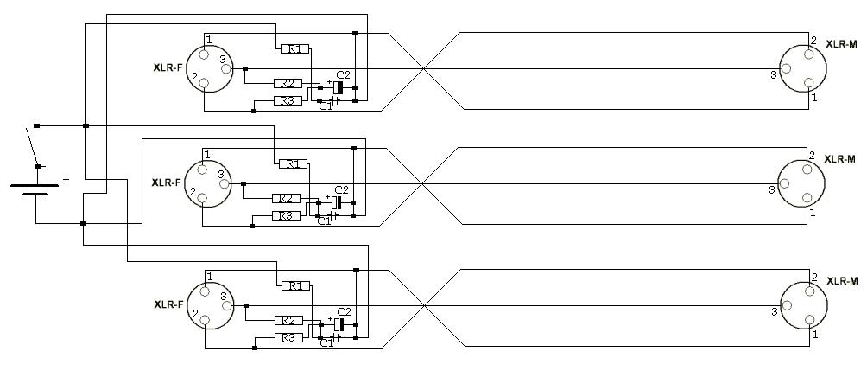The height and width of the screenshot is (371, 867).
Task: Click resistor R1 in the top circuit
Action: (x=294, y=49)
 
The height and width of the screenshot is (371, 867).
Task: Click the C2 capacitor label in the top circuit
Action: (x=343, y=75)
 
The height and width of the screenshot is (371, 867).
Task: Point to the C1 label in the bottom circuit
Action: (x=326, y=343)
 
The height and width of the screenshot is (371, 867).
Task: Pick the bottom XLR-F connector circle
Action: (x=206, y=306)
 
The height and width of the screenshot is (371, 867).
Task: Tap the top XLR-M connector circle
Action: (x=800, y=67)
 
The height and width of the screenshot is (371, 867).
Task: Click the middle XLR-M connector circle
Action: (x=800, y=183)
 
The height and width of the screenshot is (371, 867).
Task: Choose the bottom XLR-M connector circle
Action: (x=800, y=306)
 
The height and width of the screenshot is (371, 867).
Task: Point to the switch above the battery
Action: (x=32, y=147)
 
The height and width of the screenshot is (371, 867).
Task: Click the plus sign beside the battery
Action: (x=66, y=180)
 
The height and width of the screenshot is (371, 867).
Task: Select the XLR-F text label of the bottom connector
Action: (x=168, y=304)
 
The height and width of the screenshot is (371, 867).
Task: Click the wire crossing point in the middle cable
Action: (x=421, y=183)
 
